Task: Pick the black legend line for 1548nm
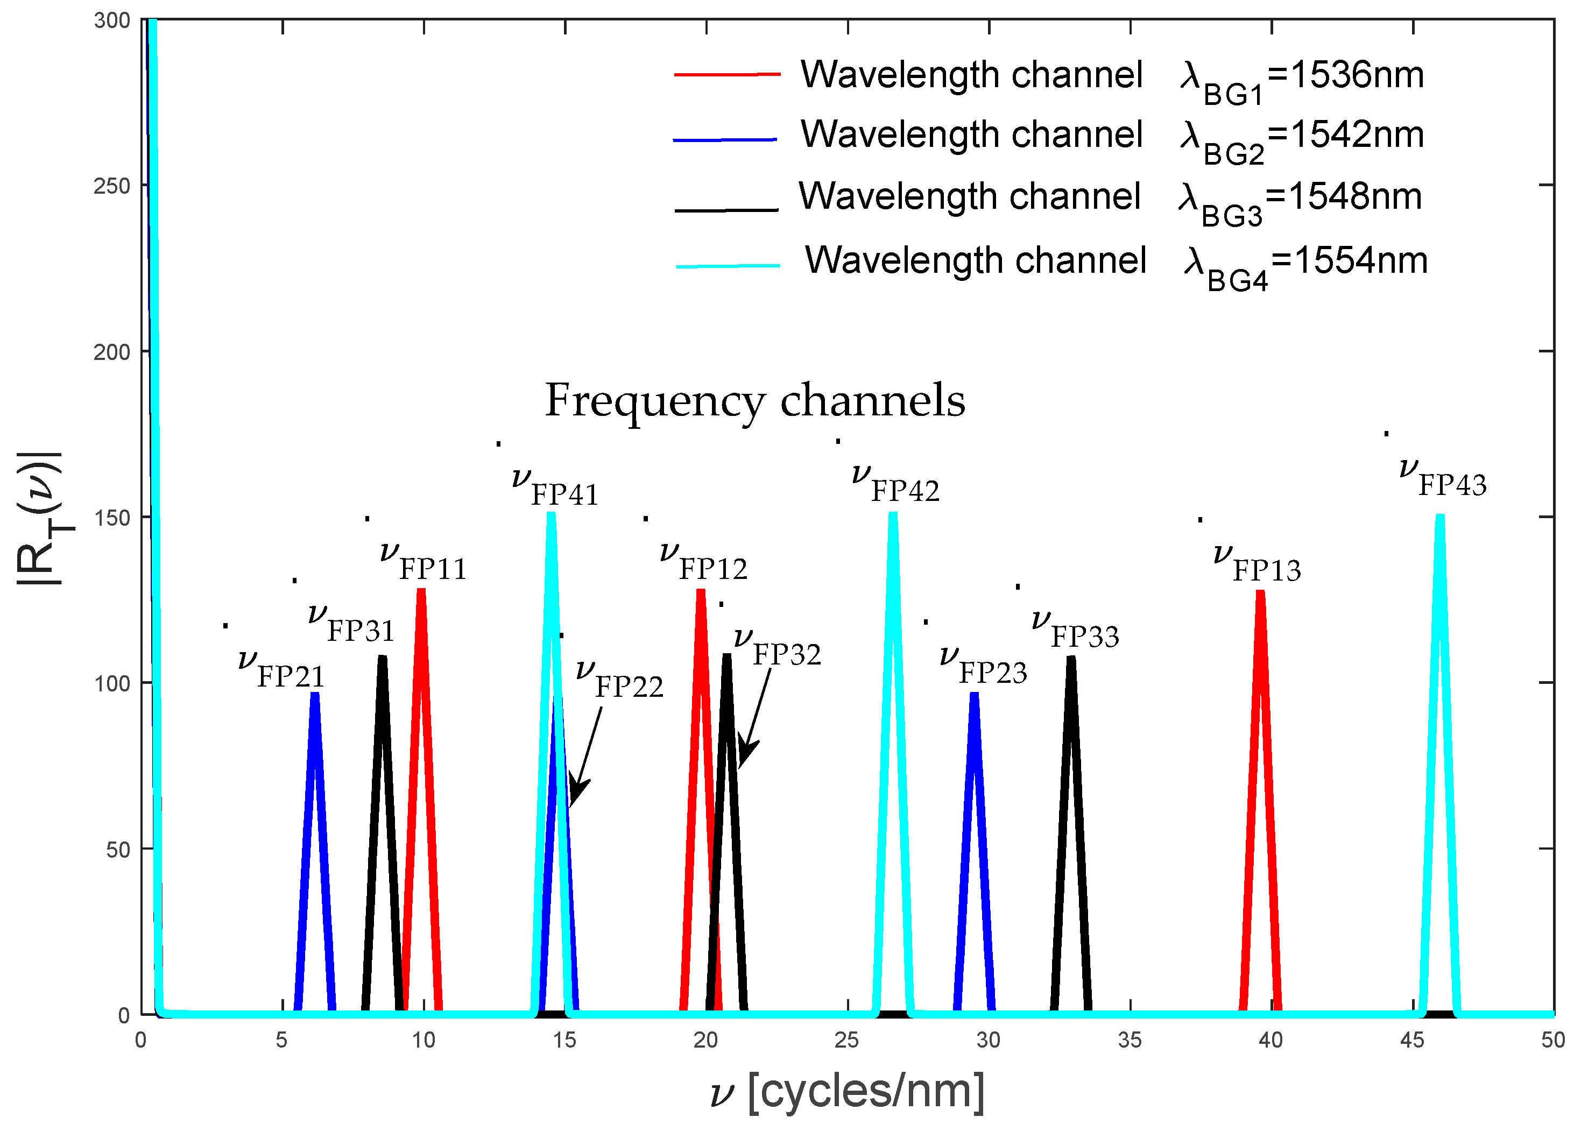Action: pyautogui.click(x=727, y=209)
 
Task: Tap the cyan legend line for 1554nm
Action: pyautogui.click(x=728, y=266)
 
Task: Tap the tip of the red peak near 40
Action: pyautogui.click(x=1260, y=592)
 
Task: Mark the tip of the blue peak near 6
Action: pyautogui.click(x=315, y=694)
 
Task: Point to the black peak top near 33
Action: pyautogui.click(x=1071, y=658)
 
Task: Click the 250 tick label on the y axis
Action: pyautogui.click(x=111, y=186)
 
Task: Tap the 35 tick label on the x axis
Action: pyautogui.click(x=1130, y=1040)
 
